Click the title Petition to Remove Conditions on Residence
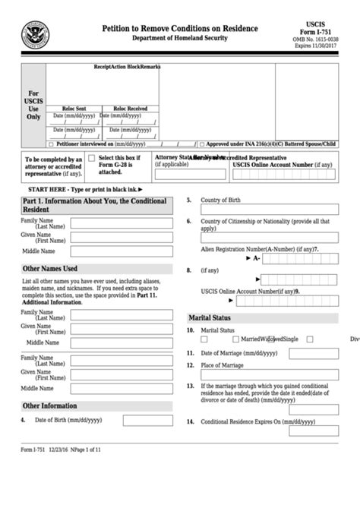tap(180, 28)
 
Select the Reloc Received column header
tap(131, 108)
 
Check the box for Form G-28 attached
tap(91, 157)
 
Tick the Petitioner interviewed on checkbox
tap(52, 143)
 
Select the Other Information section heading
tap(50, 406)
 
